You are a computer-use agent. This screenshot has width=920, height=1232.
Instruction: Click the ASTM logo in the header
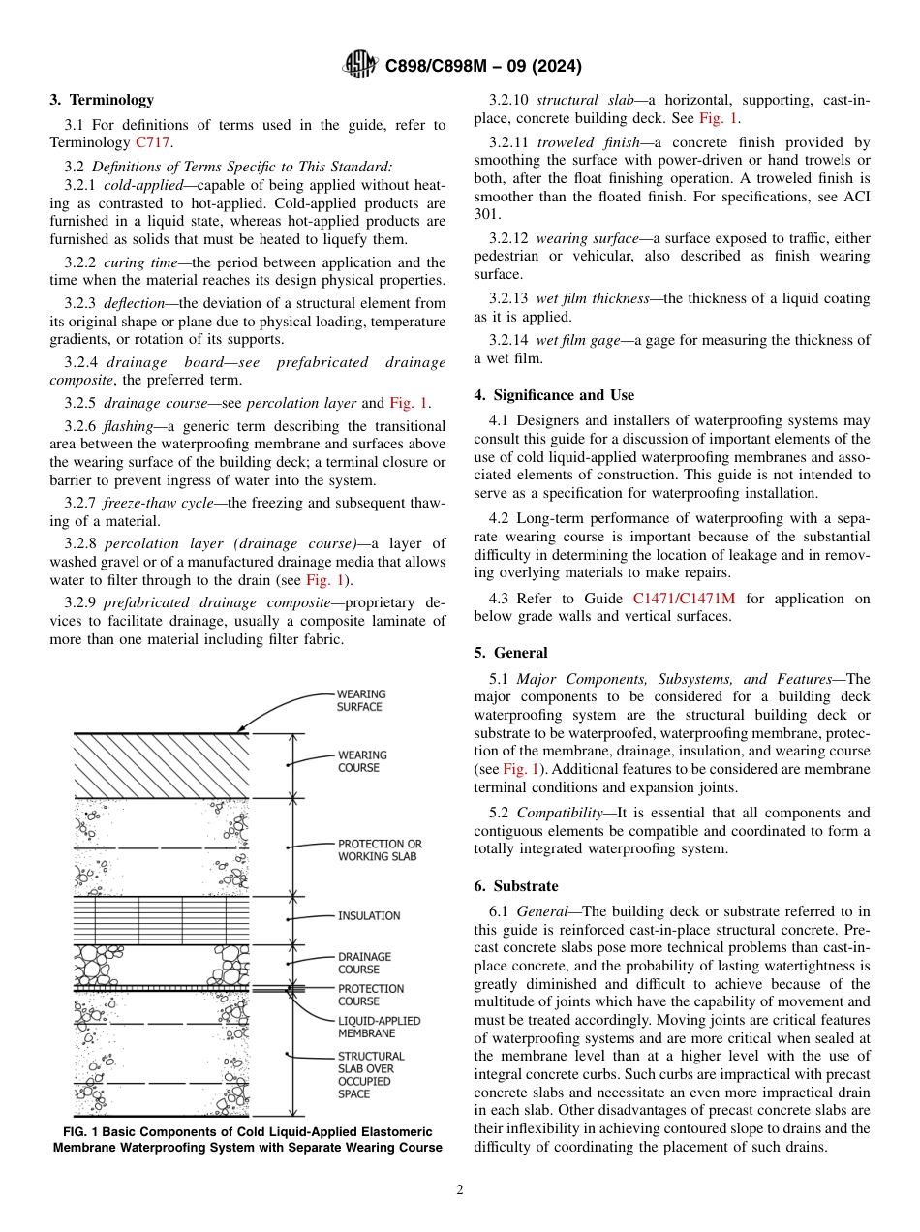point(360,66)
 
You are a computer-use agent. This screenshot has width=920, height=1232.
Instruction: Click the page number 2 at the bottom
point(460,1190)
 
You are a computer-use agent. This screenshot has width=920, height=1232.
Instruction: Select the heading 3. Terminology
point(102,100)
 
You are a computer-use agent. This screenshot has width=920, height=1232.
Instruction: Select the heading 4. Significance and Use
point(554,395)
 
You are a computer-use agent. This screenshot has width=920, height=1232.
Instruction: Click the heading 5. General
point(510,653)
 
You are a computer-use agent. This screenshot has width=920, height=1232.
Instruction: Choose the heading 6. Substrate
point(516,886)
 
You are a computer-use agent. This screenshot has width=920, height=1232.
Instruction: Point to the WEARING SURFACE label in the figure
point(360,700)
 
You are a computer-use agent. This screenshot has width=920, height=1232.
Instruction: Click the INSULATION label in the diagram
point(368,916)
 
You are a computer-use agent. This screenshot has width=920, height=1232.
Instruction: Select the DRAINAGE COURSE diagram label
point(364,963)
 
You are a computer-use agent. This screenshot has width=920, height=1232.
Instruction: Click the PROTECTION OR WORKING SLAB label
point(380,850)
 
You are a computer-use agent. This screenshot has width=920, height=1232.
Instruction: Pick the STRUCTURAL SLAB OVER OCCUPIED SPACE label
point(371,1075)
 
